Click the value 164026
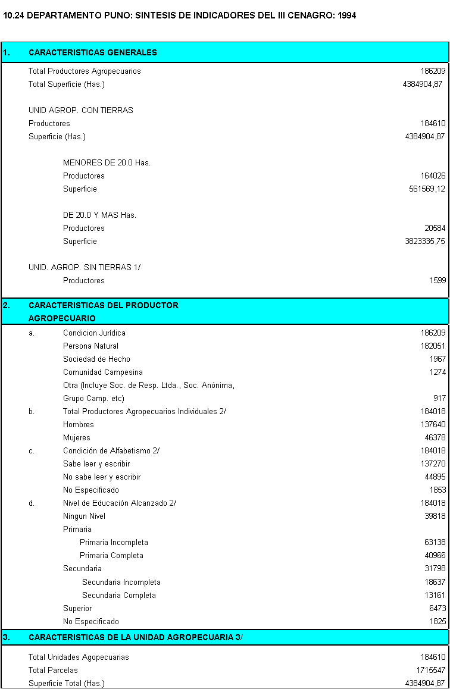click(x=433, y=176)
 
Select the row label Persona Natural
click(x=90, y=346)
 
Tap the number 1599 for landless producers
click(x=437, y=280)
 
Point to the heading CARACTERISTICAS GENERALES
click(x=93, y=52)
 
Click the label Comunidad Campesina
click(x=103, y=372)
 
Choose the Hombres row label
click(x=79, y=424)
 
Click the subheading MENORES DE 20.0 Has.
click(x=107, y=162)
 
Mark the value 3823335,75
click(x=424, y=241)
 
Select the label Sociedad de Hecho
click(x=96, y=359)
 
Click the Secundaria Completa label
click(x=119, y=595)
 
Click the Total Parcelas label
click(x=53, y=670)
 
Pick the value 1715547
click(x=430, y=670)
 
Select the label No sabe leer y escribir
click(x=102, y=477)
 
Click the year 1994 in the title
click(x=346, y=15)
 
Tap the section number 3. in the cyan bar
click(x=6, y=637)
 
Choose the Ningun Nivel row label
click(x=84, y=516)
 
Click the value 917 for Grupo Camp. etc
click(x=439, y=398)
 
